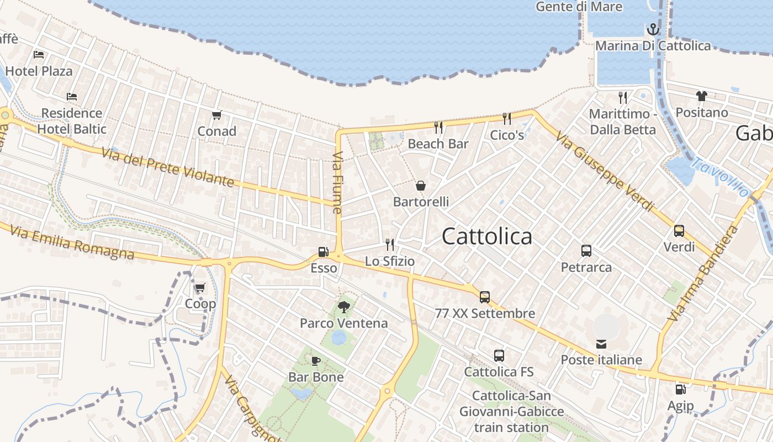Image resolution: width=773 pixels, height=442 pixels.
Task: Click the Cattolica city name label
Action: pyautogui.click(x=487, y=236)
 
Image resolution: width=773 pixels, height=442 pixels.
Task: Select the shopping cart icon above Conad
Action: pyautogui.click(x=217, y=115)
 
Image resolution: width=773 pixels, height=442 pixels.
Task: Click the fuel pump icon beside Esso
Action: pyautogui.click(x=323, y=252)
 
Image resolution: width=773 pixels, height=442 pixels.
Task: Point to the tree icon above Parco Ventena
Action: pyautogui.click(x=343, y=307)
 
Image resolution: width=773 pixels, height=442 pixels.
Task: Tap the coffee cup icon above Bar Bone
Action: pyautogui.click(x=315, y=361)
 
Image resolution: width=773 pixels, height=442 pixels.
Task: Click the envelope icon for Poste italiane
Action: pyautogui.click(x=601, y=344)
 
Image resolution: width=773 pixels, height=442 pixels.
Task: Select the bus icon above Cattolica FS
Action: pyautogui.click(x=499, y=356)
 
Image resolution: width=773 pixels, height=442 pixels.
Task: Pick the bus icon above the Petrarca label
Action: pyautogui.click(x=586, y=251)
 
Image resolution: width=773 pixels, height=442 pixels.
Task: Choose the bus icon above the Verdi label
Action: pyautogui.click(x=679, y=231)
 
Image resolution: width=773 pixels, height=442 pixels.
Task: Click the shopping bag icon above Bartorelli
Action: pyautogui.click(x=421, y=186)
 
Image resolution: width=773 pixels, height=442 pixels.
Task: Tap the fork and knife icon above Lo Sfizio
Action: pyautogui.click(x=390, y=245)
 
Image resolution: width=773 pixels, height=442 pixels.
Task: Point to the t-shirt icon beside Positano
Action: pyautogui.click(x=701, y=96)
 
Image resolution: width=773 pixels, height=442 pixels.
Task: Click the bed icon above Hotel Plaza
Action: pyautogui.click(x=39, y=55)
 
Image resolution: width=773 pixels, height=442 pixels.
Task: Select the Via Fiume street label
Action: pyautogui.click(x=338, y=182)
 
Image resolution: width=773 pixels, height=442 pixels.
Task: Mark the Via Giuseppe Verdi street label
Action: pyautogui.click(x=604, y=171)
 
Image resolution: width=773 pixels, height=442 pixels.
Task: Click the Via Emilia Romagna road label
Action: pyautogui.click(x=72, y=242)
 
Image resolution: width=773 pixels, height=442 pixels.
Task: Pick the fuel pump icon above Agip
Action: pyautogui.click(x=680, y=390)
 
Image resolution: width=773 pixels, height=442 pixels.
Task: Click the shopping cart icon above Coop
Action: pyautogui.click(x=200, y=287)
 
